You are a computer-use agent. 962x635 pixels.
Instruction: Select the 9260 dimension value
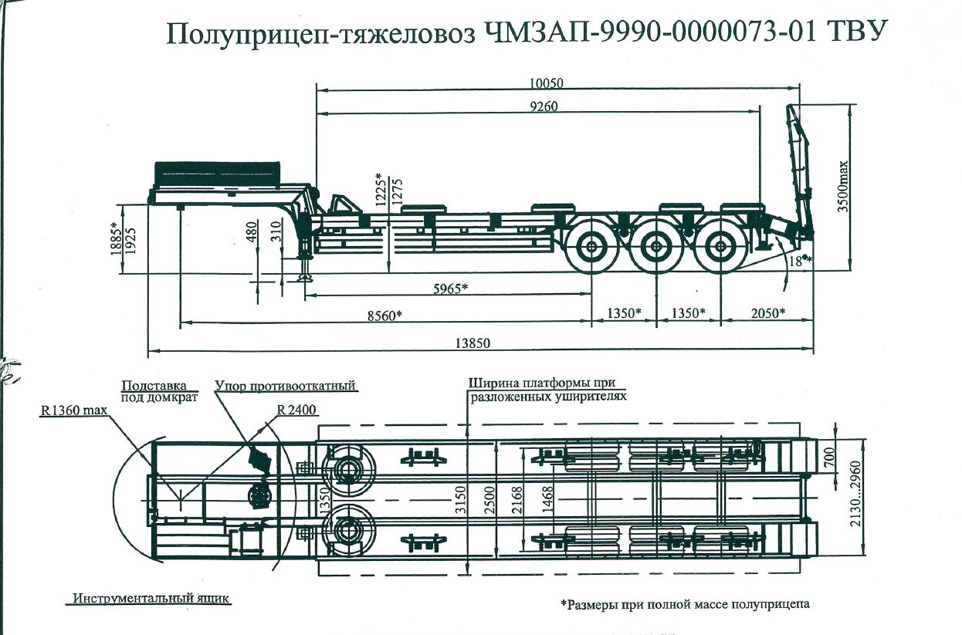539,106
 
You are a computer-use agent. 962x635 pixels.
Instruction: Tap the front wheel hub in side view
592,248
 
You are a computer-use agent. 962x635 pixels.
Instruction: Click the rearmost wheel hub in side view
720,248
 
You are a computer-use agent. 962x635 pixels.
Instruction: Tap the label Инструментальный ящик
151,598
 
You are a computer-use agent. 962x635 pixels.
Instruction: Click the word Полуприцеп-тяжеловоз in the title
322,34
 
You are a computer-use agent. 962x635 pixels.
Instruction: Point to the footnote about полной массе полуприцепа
685,604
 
